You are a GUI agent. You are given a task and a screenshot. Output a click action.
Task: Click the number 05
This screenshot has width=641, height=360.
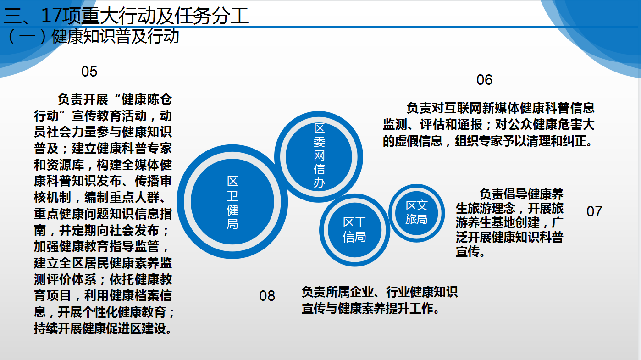[89, 72]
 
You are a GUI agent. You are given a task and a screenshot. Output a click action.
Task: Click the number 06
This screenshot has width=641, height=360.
[484, 80]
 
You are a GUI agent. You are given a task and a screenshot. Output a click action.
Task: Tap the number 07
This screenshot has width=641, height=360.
[594, 211]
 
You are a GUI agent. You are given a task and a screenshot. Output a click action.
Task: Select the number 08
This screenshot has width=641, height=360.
[267, 296]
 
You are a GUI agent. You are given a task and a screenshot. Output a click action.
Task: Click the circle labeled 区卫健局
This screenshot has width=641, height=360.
[232, 202]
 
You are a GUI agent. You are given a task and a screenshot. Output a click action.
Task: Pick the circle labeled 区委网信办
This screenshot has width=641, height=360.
[319, 157]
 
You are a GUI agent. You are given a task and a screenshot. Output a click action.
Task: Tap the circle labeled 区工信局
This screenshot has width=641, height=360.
[354, 230]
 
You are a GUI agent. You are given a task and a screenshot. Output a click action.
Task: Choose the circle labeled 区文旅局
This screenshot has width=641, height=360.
[416, 213]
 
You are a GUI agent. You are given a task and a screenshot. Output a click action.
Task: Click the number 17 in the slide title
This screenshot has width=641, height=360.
[51, 15]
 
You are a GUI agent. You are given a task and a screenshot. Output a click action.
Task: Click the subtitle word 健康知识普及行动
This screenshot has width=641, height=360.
[116, 37]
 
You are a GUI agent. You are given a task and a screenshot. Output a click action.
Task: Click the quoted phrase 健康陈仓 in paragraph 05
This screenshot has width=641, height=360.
[147, 100]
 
